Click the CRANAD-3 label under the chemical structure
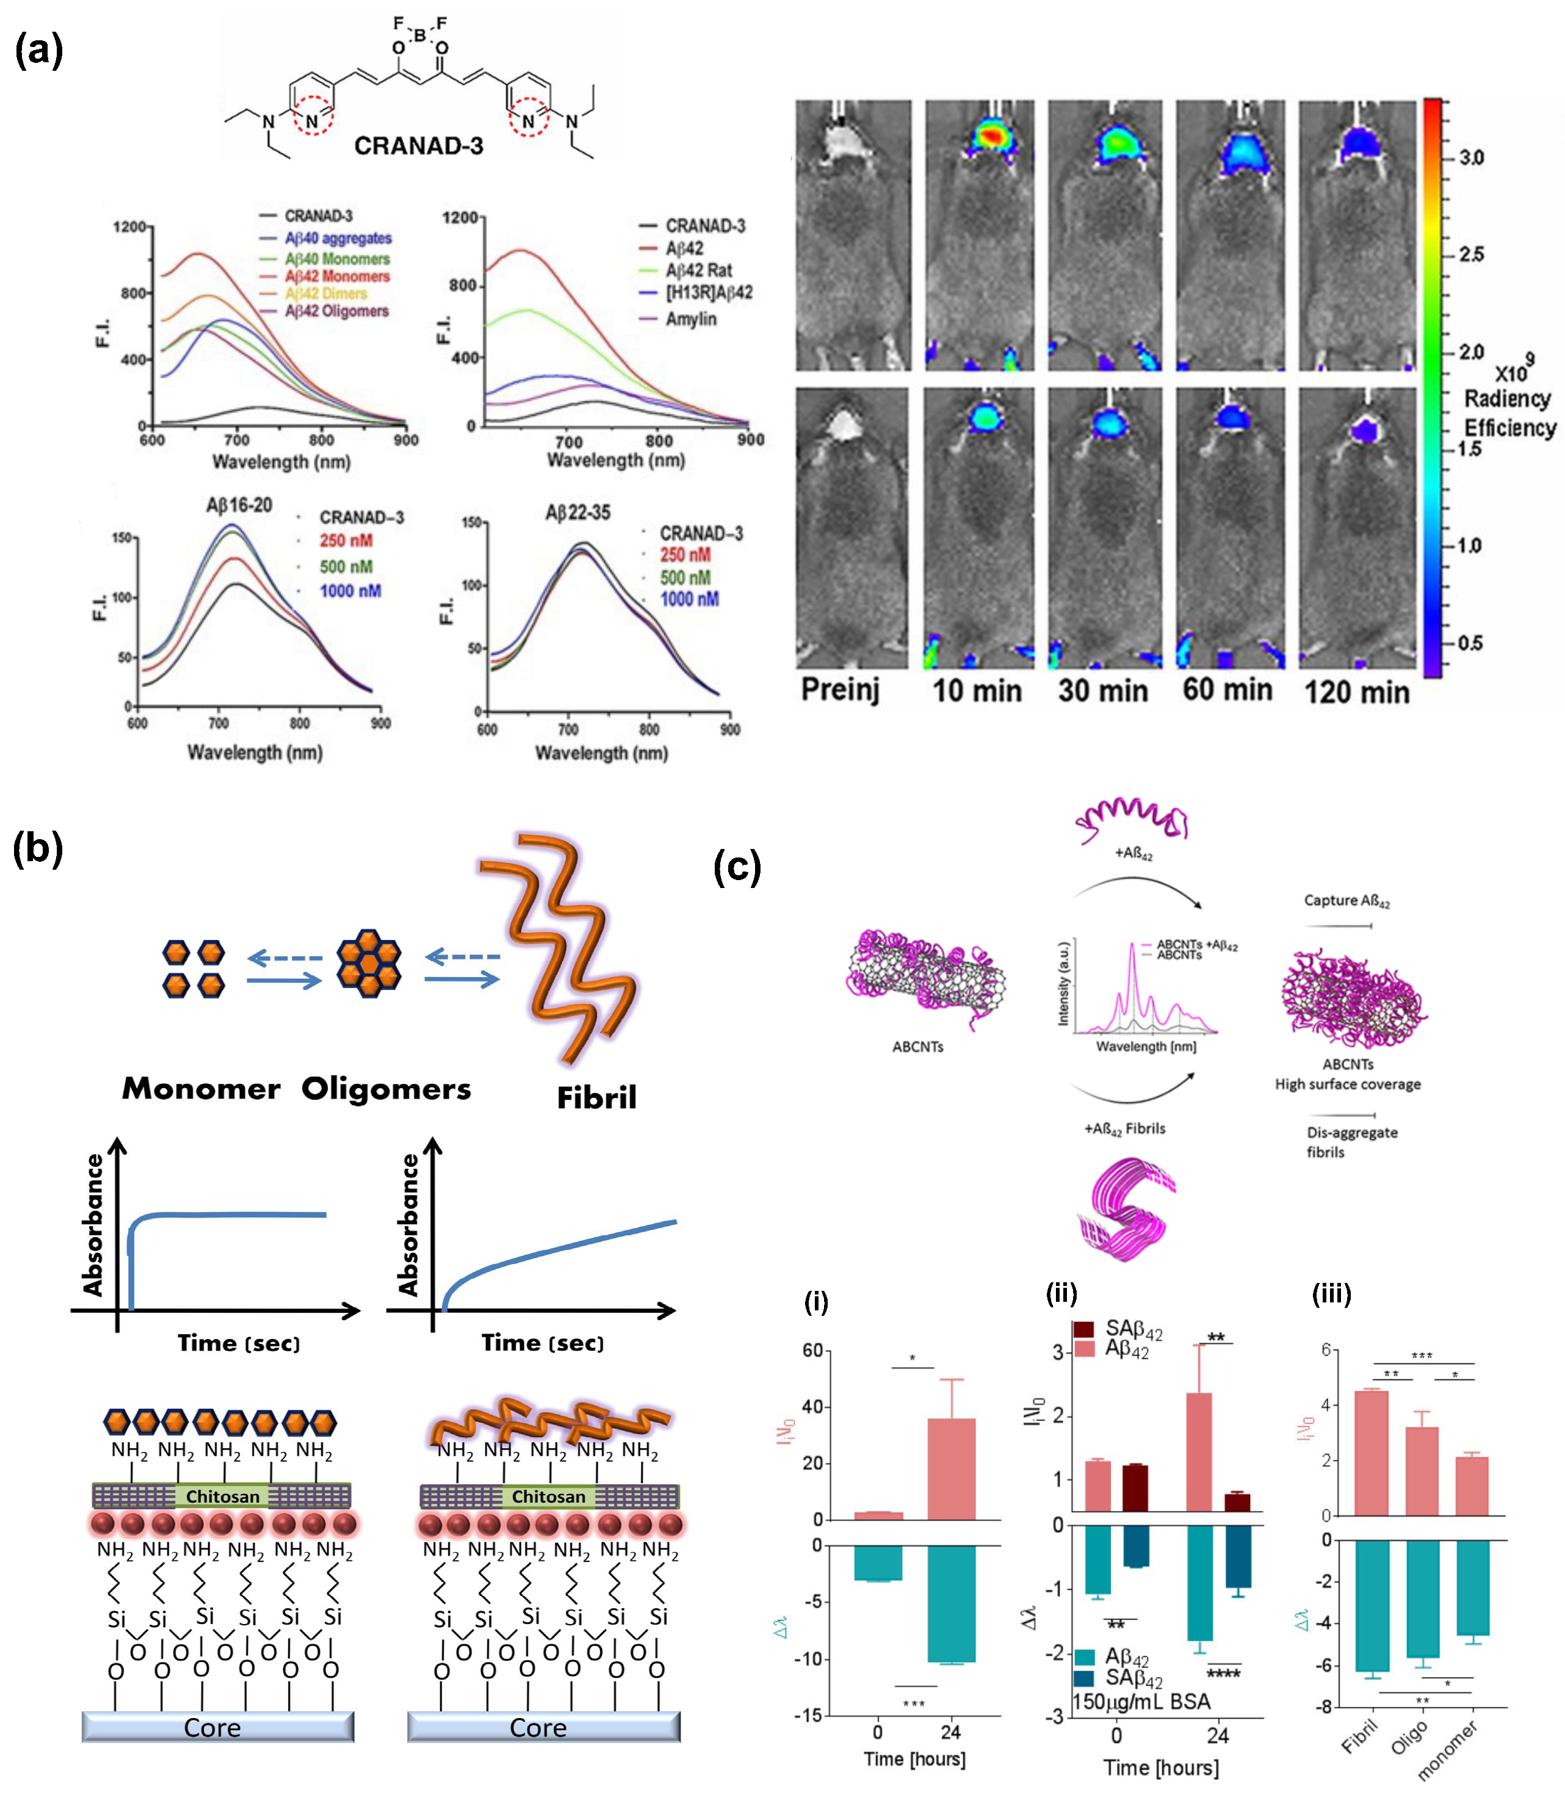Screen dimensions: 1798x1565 (x=418, y=145)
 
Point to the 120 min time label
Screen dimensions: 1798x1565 (x=1356, y=693)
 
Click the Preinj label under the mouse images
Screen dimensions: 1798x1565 (x=840, y=689)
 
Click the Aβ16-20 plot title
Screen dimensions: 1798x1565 (x=239, y=505)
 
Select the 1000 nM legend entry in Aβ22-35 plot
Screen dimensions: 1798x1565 (x=689, y=599)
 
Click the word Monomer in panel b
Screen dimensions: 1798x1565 (x=201, y=1089)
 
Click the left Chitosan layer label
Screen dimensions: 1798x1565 (x=223, y=1497)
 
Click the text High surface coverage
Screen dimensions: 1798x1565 (x=1348, y=1085)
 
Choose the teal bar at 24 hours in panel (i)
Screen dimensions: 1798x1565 (x=951, y=1603)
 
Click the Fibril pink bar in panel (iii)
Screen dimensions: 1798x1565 (x=1370, y=1453)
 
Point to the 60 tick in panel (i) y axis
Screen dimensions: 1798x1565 (x=812, y=1351)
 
